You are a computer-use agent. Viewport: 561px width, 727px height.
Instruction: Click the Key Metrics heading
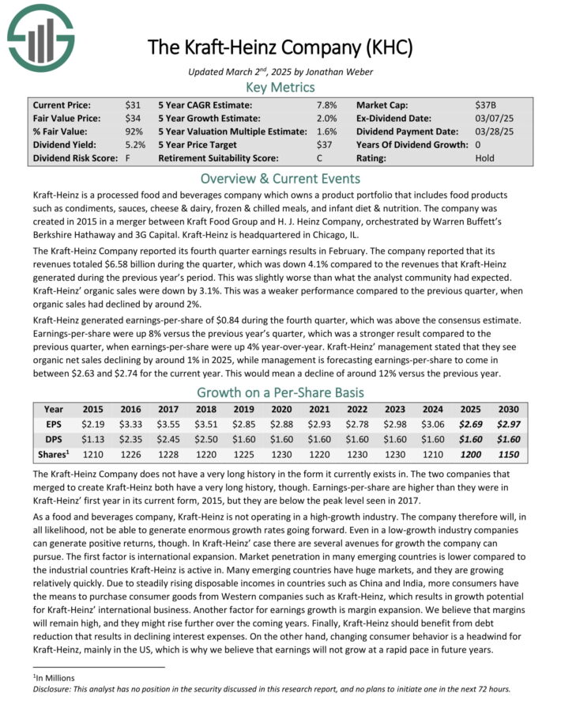280,87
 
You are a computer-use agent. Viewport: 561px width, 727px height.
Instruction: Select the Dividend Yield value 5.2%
135,145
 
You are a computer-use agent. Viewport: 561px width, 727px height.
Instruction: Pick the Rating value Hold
485,158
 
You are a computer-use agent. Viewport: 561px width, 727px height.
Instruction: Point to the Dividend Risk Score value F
128,158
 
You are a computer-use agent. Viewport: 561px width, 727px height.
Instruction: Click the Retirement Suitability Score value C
320,158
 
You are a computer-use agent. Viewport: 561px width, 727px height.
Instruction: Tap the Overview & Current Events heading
280,178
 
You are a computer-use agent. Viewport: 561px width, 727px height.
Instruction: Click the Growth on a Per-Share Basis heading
280,392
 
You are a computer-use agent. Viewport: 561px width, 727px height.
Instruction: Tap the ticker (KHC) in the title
386,47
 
